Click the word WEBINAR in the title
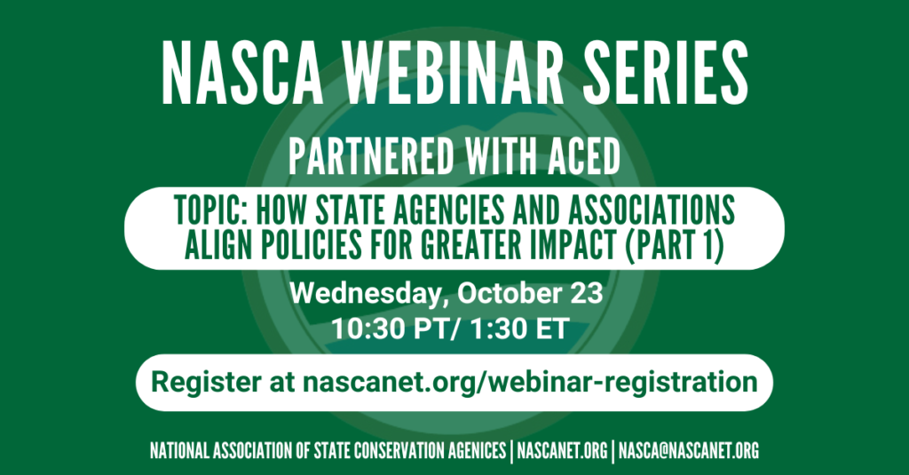(454, 74)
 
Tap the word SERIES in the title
(666, 74)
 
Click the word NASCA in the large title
(242, 74)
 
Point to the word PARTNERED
(371, 156)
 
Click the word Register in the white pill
(206, 383)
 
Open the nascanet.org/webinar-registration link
(530, 383)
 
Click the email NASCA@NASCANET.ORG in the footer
(689, 451)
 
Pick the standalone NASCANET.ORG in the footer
(562, 451)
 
